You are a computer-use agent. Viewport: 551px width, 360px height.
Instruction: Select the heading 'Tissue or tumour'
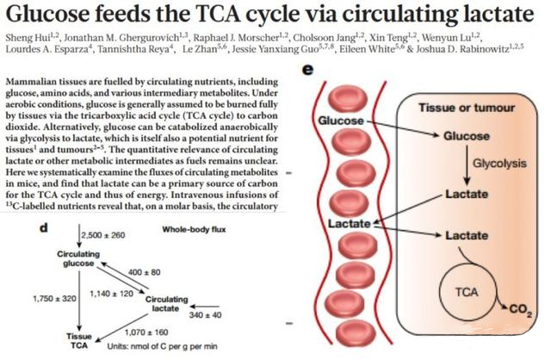pyautogui.click(x=466, y=109)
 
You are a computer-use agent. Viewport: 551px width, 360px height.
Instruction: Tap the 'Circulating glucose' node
pyautogui.click(x=77, y=260)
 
